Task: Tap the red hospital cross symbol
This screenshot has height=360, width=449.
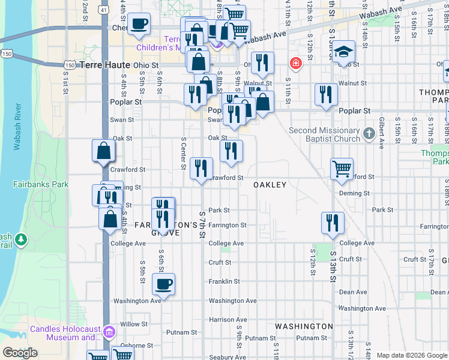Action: pos(295,63)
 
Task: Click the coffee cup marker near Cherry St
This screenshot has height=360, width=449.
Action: pos(139,25)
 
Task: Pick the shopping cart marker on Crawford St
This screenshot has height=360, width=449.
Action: pos(342,170)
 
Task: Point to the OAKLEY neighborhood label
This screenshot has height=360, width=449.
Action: pos(270,185)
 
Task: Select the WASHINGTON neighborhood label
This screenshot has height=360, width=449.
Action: pos(304,326)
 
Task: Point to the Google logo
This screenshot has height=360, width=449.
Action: pos(20,353)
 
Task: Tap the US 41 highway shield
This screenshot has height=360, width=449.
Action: pos(104,10)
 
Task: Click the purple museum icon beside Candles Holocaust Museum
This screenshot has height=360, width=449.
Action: pos(109,332)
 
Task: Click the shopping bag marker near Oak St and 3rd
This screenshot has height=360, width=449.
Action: pos(103,151)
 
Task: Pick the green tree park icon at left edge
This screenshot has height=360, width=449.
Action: pos(22,240)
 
